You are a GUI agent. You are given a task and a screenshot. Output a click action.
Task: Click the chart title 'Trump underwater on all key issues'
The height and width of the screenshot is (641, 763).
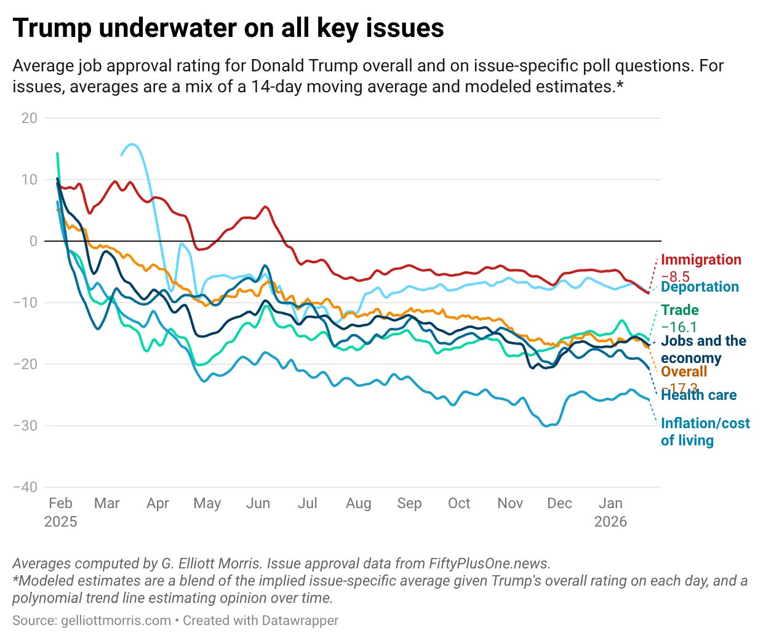pyautogui.click(x=228, y=28)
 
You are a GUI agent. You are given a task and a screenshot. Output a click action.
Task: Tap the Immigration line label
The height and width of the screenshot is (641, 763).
pyautogui.click(x=701, y=260)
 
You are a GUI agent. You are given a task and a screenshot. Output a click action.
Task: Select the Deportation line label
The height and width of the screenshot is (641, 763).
pyautogui.click(x=700, y=287)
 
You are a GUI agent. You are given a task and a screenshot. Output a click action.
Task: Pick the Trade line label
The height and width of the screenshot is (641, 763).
pyautogui.click(x=680, y=310)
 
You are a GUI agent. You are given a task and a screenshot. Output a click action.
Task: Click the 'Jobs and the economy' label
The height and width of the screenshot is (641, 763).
pyautogui.click(x=703, y=349)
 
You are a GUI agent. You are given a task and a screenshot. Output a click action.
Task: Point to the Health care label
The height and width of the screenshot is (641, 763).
pyautogui.click(x=698, y=395)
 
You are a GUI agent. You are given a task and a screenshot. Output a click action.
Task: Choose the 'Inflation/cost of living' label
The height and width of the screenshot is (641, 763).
pyautogui.click(x=705, y=432)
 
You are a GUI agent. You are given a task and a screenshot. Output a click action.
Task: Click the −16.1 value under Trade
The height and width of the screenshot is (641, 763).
pyautogui.click(x=679, y=327)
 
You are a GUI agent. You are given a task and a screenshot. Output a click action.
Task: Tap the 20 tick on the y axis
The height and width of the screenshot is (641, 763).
pyautogui.click(x=29, y=118)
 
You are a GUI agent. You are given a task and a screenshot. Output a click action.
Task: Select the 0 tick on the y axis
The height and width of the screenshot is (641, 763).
pyautogui.click(x=33, y=241)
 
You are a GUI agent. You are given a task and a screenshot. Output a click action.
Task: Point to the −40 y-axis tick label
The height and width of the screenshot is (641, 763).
pyautogui.click(x=25, y=487)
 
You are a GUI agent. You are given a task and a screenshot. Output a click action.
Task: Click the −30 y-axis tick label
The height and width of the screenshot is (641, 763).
pyautogui.click(x=25, y=426)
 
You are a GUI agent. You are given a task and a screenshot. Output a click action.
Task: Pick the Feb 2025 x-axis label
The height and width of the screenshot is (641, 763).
pyautogui.click(x=60, y=512)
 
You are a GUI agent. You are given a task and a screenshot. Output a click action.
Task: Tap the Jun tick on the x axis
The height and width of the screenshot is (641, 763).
pyautogui.click(x=258, y=503)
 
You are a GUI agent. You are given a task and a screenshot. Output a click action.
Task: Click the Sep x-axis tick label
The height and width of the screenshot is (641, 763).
pyautogui.click(x=409, y=503)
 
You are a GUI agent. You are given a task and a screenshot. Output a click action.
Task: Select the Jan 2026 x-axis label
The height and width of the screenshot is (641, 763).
pyautogui.click(x=610, y=512)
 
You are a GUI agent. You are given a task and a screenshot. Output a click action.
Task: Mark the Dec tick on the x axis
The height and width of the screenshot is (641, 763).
pyautogui.click(x=559, y=503)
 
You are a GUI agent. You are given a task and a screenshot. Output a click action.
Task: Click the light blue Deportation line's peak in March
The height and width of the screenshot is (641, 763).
pyautogui.click(x=132, y=145)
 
